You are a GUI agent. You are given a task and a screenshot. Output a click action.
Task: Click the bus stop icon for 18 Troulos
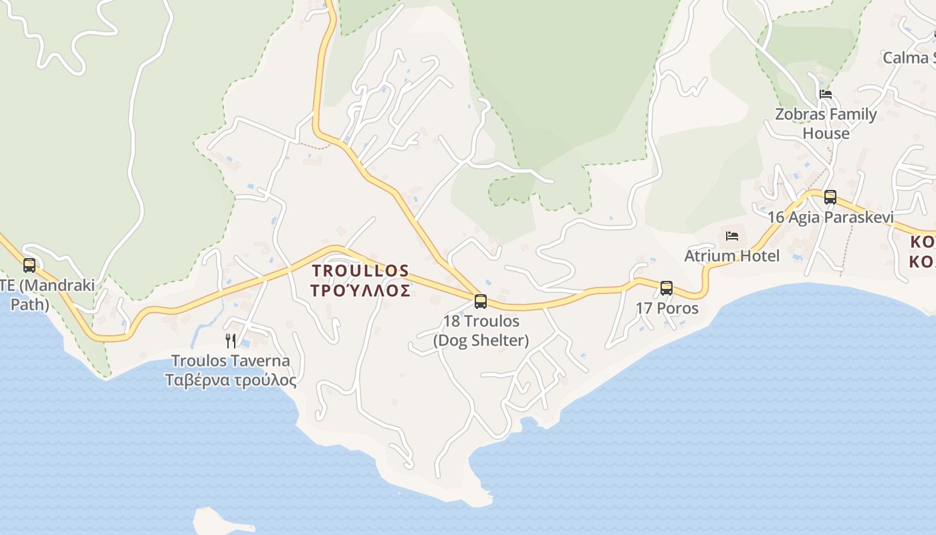pos(481,301)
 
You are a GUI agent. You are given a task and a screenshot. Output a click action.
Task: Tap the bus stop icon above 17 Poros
pos(667,288)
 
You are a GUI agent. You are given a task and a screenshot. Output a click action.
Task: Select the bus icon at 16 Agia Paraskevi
pos(830,197)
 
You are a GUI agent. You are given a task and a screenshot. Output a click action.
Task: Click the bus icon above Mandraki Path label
pos(29,265)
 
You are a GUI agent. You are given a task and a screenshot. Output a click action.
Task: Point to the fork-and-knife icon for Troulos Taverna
pos(231,341)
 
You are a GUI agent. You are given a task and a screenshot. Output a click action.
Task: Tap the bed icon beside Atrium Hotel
pos(732,236)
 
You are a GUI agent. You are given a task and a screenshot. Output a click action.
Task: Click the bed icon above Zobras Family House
pos(826,94)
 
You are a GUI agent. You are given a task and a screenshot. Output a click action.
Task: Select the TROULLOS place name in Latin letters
pos(360,271)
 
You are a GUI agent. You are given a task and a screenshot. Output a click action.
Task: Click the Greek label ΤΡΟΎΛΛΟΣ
pos(360,291)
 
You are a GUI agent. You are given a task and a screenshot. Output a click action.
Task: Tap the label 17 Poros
pos(667,308)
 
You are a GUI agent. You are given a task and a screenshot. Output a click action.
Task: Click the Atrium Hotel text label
pos(732,256)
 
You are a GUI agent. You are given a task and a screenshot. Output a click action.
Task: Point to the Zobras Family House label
pos(826,124)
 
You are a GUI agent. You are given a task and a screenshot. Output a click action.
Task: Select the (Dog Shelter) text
pos(481,340)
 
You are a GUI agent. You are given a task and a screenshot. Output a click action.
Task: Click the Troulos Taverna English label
pos(231,361)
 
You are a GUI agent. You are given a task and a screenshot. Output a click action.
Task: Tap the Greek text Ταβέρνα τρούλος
pos(231,381)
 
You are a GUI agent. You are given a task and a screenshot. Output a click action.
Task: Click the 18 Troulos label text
pos(481,322)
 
